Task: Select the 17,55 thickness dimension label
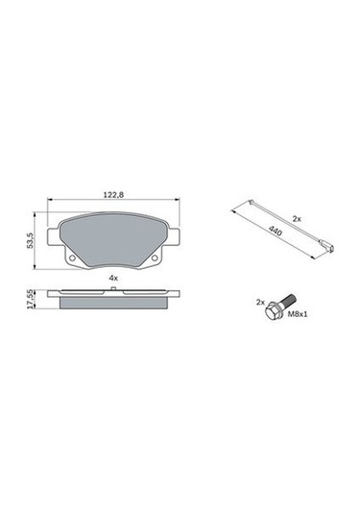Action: pyautogui.click(x=32, y=298)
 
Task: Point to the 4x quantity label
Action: pyautogui.click(x=113, y=277)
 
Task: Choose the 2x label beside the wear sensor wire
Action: pyautogui.click(x=296, y=219)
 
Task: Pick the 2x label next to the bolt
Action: pyautogui.click(x=259, y=301)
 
